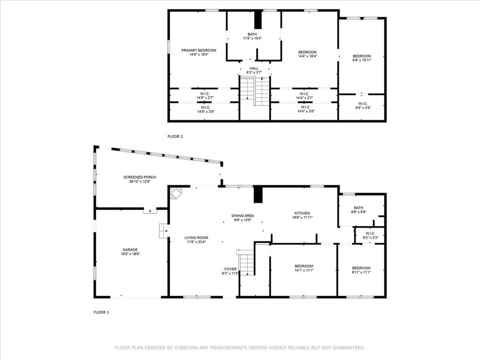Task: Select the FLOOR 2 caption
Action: [175, 136]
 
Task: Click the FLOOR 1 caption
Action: [101, 312]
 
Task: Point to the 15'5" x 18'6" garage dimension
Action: [130, 254]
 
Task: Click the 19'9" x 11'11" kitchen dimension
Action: [302, 217]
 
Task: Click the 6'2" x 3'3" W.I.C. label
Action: [370, 235]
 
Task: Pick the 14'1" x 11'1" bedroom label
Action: [304, 268]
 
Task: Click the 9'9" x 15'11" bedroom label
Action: [362, 58]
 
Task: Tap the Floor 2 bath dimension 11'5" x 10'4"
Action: [252, 38]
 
